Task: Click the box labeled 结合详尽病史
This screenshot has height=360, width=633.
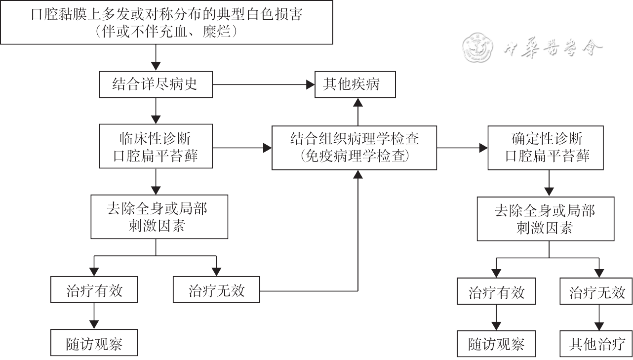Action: click(x=156, y=84)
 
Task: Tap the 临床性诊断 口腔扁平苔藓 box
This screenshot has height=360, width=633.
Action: click(x=156, y=147)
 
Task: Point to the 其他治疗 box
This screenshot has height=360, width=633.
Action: click(x=596, y=344)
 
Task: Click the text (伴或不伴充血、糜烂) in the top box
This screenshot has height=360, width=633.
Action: click(x=168, y=32)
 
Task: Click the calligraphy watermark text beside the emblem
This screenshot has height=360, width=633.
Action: click(x=553, y=48)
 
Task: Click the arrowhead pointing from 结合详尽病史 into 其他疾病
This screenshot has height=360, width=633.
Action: click(x=311, y=84)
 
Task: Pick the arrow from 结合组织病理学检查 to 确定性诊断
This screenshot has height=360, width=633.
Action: click(x=482, y=147)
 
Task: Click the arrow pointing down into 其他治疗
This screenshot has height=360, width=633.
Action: click(x=599, y=326)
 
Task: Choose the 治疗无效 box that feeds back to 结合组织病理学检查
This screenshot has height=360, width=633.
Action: click(x=216, y=289)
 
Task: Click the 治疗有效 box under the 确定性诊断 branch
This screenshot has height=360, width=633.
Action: click(x=496, y=292)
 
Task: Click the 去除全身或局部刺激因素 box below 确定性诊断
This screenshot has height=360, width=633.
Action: click(x=545, y=219)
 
